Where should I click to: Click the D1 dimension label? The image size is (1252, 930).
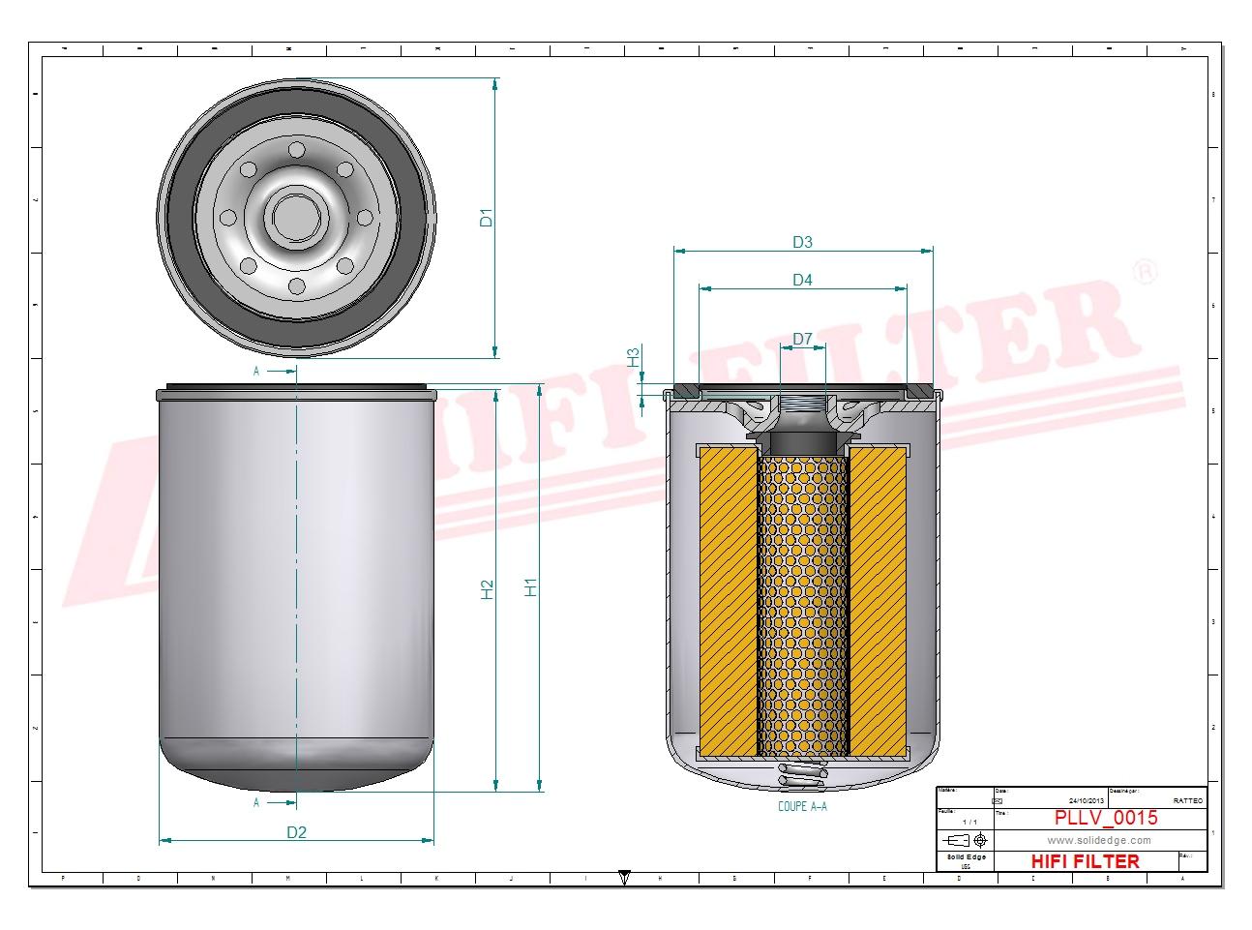[488, 219]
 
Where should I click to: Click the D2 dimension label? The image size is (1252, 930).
[296, 832]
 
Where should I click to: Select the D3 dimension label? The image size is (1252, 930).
[802, 242]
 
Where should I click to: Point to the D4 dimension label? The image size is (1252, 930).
[802, 281]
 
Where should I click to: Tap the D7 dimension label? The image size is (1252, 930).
[802, 339]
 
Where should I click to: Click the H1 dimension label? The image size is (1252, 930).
[530, 586]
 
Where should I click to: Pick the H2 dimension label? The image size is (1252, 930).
[488, 588]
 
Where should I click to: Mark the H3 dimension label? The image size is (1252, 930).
[634, 357]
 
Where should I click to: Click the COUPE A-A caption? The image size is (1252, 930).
[802, 806]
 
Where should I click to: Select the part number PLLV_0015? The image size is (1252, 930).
[1105, 819]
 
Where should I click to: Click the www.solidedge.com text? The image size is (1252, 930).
[1099, 841]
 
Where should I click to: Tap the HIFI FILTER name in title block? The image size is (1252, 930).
[1085, 861]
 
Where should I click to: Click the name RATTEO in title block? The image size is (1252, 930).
[1187, 801]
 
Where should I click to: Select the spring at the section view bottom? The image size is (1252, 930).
[802, 776]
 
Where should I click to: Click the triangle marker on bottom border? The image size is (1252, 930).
[625, 878]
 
